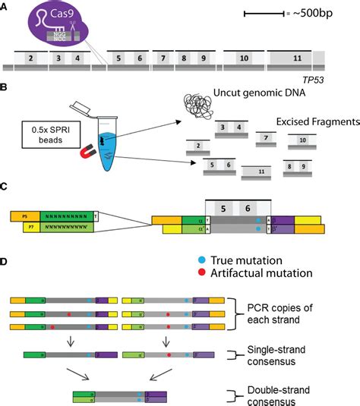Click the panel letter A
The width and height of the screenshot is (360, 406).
pyautogui.click(x=5, y=6)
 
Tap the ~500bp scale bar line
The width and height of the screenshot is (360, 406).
pyautogui.click(x=263, y=14)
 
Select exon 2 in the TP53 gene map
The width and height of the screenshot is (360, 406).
pyautogui.click(x=30, y=58)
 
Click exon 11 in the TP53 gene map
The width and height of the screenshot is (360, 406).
pyautogui.click(x=297, y=58)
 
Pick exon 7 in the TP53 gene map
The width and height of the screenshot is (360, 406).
pyautogui.click(x=163, y=58)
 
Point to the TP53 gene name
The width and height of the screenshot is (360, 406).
pyautogui.click(x=313, y=77)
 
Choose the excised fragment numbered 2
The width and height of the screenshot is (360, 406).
pyautogui.click(x=197, y=146)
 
